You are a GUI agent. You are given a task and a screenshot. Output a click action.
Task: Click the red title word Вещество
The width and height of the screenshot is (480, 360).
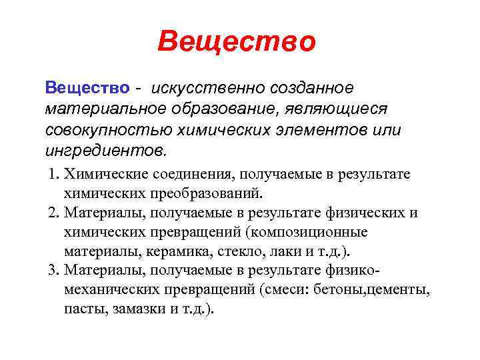pyautogui.click(x=237, y=42)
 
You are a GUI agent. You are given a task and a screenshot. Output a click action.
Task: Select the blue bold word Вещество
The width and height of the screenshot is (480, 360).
pyautogui.click(x=87, y=88)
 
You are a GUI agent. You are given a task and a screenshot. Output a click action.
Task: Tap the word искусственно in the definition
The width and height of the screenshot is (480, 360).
pyautogui.click(x=208, y=88)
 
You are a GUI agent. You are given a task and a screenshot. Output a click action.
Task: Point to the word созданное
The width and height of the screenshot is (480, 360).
pyautogui.click(x=313, y=88)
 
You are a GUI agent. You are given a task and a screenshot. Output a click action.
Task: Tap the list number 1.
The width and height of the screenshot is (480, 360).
pyautogui.click(x=53, y=175)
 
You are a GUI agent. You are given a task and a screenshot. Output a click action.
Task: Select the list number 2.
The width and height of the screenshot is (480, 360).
pyautogui.click(x=53, y=213)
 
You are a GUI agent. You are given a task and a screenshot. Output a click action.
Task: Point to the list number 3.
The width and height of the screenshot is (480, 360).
pyautogui.click(x=53, y=271)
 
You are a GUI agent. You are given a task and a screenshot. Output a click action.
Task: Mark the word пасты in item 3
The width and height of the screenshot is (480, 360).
pyautogui.click(x=81, y=310)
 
